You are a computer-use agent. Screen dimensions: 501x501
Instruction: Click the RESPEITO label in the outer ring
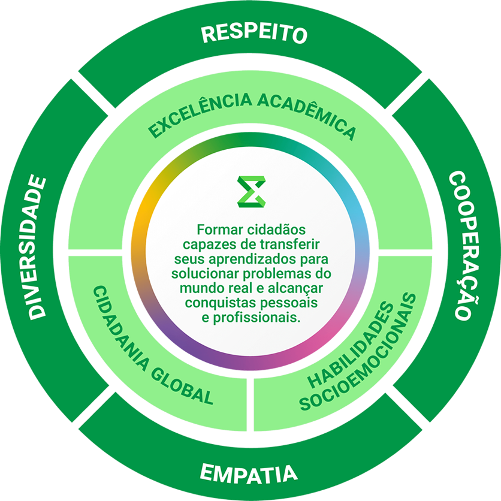click(254, 34)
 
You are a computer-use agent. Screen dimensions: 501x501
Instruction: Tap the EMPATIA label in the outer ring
click(249, 473)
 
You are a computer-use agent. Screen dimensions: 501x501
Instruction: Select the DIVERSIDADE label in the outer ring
click(37, 247)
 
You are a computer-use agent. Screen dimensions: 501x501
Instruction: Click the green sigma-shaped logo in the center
click(252, 192)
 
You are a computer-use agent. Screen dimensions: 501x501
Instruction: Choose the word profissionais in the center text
click(257, 318)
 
